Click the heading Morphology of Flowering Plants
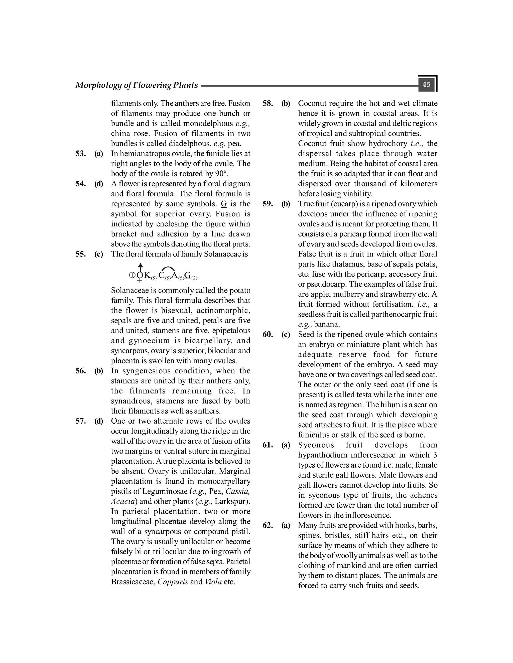pos(137,85)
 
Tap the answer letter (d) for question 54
pos(98,184)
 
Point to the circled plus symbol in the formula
pos(132,275)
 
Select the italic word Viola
pos(213,582)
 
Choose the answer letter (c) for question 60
pos(286,335)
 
